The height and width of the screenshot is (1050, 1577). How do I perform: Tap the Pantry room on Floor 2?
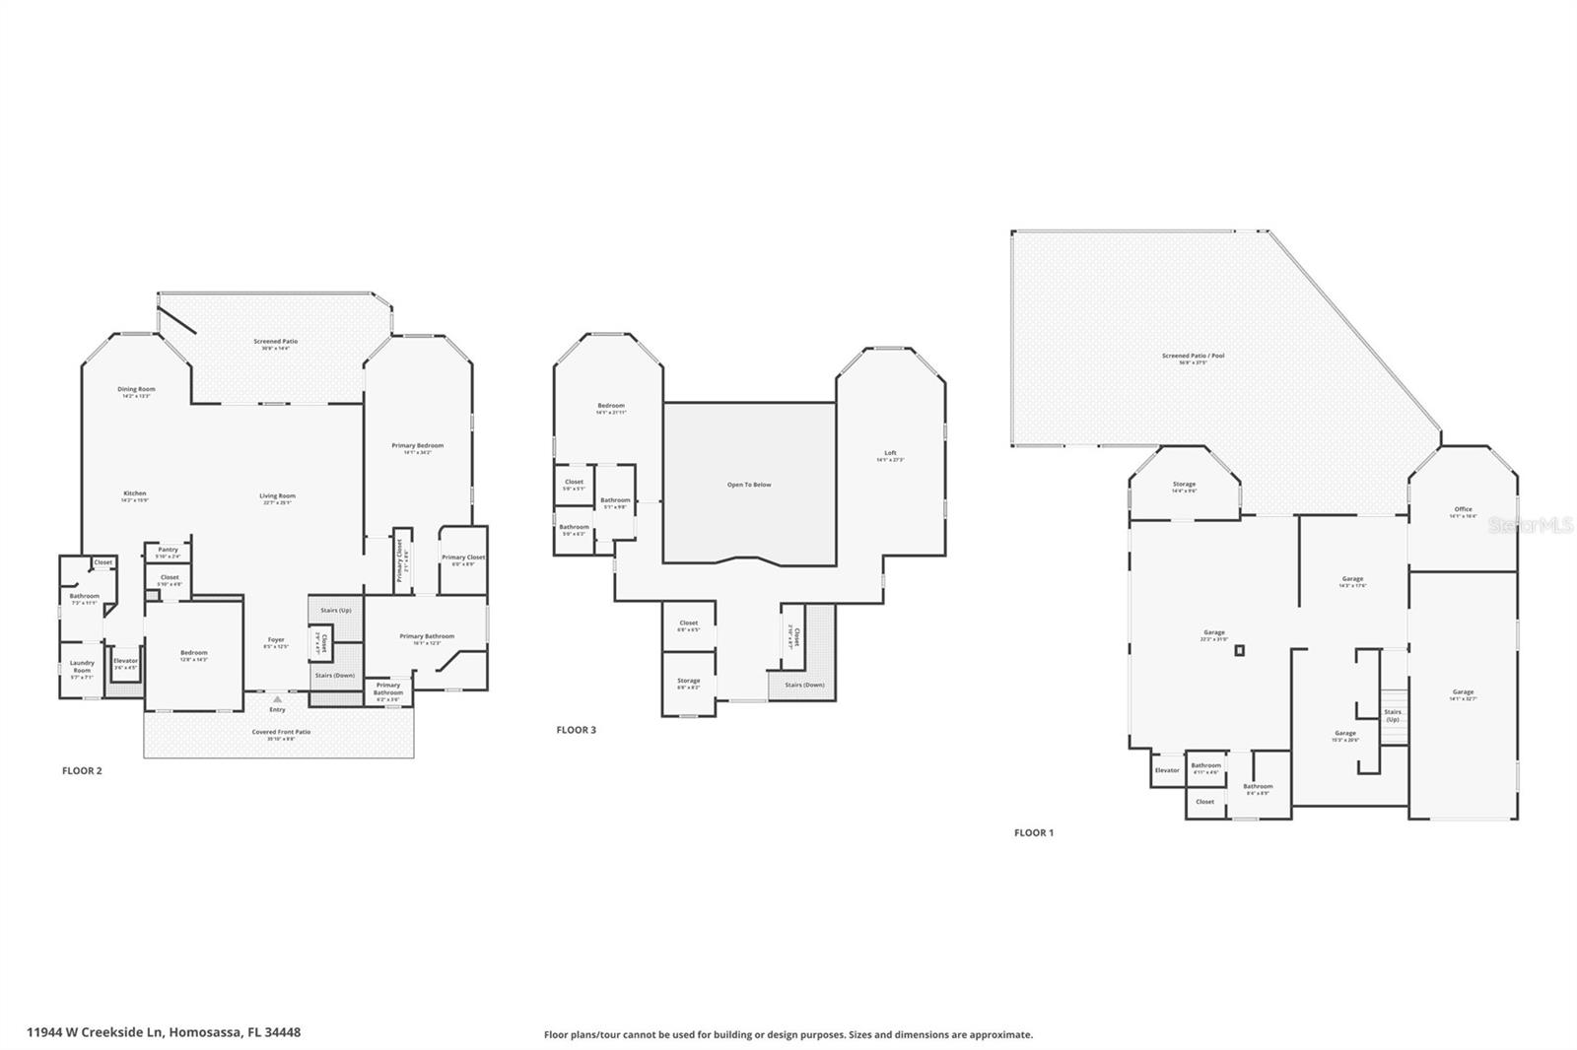tap(168, 552)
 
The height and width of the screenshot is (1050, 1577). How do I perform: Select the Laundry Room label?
tap(82, 667)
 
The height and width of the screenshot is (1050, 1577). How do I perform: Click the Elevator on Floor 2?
tap(125, 663)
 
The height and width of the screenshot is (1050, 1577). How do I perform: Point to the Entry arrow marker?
tap(277, 699)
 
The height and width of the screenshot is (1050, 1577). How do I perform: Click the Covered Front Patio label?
tap(280, 733)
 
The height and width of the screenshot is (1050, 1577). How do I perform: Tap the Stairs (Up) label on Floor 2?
tap(336, 611)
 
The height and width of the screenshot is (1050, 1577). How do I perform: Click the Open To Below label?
tap(749, 485)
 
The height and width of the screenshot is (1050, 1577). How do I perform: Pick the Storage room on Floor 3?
tap(688, 683)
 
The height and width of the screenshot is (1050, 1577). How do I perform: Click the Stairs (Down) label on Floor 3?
tap(804, 685)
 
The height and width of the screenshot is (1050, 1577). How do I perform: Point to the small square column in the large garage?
tap(1240, 650)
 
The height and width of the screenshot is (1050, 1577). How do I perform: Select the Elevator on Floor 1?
tap(1167, 770)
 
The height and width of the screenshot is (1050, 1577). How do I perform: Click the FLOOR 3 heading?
tap(576, 730)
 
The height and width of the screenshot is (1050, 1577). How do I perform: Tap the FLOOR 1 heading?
tap(1033, 832)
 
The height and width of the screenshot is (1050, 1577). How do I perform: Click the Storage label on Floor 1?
tap(1184, 486)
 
